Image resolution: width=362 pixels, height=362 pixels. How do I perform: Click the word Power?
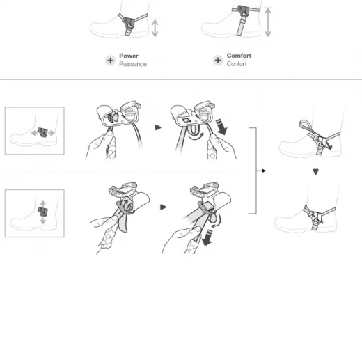point(129,56)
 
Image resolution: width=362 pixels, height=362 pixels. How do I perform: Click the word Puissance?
point(133,64)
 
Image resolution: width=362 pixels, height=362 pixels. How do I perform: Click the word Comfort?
point(239,56)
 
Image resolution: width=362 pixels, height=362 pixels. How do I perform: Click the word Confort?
point(237,64)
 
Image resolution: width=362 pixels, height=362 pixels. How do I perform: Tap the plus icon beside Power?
point(111,61)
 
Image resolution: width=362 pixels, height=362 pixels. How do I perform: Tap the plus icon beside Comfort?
point(218,61)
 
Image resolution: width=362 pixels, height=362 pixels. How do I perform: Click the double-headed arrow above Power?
point(155,29)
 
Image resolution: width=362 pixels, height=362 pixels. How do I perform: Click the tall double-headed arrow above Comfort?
point(268,22)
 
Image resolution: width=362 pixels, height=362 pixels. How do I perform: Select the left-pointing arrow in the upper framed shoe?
point(34,133)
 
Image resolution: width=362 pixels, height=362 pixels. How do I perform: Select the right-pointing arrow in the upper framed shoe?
point(52,133)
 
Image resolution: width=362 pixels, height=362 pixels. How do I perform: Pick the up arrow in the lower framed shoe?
point(43,204)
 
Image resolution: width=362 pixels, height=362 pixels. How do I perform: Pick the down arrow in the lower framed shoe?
point(43,221)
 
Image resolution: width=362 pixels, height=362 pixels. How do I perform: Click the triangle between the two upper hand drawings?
point(158,127)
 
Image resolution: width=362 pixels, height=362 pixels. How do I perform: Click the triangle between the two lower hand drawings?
point(163,207)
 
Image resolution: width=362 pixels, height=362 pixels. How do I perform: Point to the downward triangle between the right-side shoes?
point(315,172)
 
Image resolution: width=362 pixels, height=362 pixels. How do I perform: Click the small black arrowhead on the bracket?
point(264,171)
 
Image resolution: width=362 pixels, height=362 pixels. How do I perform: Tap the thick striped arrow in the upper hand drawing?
point(221,127)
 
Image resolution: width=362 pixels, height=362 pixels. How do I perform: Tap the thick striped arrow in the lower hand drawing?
point(207,237)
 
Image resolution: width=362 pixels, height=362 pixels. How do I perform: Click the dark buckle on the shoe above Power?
point(128,22)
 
